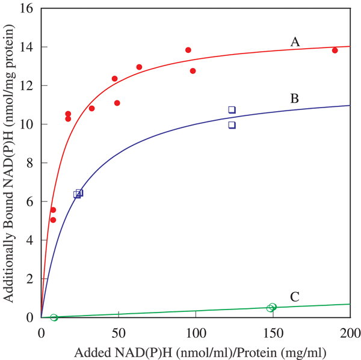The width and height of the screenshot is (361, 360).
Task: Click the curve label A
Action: pos(295,41)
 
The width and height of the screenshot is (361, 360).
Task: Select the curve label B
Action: pos(295,98)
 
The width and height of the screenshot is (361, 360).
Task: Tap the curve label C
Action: pos(295,296)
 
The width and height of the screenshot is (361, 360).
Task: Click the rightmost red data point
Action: pos(335,50)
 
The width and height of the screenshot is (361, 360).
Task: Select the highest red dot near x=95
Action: pos(188,50)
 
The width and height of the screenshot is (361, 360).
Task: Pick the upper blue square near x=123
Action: pos(232,109)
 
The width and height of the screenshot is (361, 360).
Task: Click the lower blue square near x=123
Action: pos(232,125)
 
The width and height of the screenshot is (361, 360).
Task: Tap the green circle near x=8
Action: pos(54,317)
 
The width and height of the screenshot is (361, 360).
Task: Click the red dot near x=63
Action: pos(139,67)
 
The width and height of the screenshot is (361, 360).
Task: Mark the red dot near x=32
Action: pos(91,108)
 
